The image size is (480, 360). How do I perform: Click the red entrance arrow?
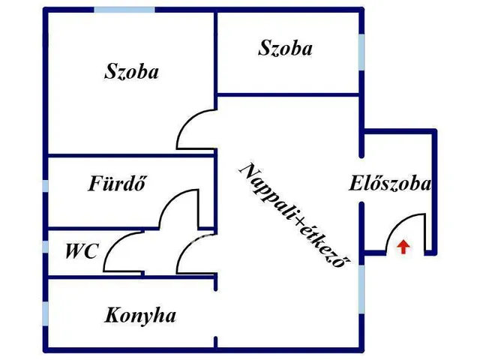click(403, 247)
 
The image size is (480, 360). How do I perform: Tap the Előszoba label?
click(390, 184)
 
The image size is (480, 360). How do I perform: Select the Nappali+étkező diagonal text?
click(295, 215)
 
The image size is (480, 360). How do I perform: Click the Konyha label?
click(140, 315)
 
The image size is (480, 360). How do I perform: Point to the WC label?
click(82, 250)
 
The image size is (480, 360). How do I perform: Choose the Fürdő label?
click(117, 183)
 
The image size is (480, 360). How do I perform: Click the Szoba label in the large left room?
click(132, 71)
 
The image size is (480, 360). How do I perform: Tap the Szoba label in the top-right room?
click(285, 48)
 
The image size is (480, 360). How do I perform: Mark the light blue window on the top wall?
click(124, 10)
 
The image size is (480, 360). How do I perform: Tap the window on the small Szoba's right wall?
click(361, 52)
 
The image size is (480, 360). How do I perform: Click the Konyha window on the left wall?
click(45, 313)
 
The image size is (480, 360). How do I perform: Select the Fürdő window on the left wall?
click(45, 186)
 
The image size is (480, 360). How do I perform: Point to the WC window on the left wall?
click(45, 247)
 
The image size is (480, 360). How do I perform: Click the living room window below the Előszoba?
click(361, 289)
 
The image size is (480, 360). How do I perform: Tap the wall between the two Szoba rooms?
click(215, 52)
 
